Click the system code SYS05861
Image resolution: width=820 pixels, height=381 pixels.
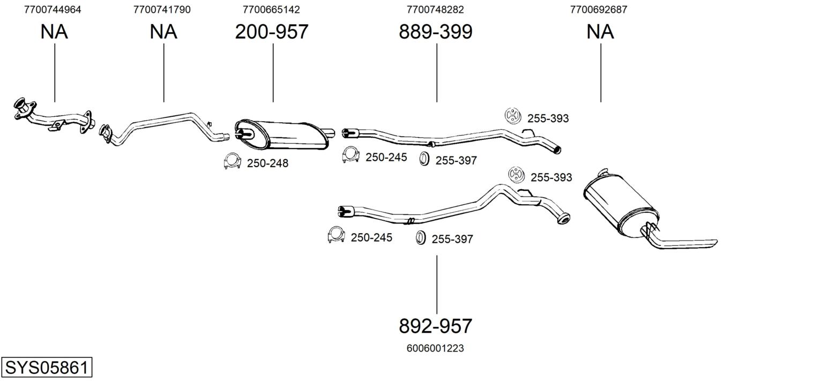pyautogui.click(x=47, y=368)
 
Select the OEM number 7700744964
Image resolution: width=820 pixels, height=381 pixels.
pyautogui.click(x=53, y=10)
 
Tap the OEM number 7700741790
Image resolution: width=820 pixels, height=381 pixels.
pyautogui.click(x=162, y=10)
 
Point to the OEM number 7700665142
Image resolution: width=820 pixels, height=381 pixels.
pyautogui.click(x=271, y=10)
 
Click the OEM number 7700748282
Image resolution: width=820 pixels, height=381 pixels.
pyautogui.click(x=435, y=10)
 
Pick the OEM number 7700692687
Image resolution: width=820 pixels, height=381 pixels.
pyautogui.click(x=599, y=10)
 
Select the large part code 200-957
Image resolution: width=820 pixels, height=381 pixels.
pyautogui.click(x=272, y=32)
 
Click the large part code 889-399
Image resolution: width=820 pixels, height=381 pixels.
pyautogui.click(x=436, y=32)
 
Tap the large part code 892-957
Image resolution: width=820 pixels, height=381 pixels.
pyautogui.click(x=436, y=326)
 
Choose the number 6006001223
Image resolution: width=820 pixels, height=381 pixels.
pyautogui.click(x=435, y=348)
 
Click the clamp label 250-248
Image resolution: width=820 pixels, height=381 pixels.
pyautogui.click(x=267, y=163)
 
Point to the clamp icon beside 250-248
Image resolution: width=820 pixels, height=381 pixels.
pyautogui.click(x=232, y=161)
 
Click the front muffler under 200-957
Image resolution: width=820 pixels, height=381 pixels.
pyautogui.click(x=282, y=134)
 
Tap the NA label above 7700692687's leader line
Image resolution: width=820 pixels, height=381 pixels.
pyautogui.click(x=600, y=32)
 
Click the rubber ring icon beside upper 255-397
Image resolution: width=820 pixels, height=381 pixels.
pyautogui.click(x=424, y=159)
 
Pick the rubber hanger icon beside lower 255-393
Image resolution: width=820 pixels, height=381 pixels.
pyautogui.click(x=517, y=175)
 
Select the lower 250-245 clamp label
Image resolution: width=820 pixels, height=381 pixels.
pyautogui.click(x=371, y=237)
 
